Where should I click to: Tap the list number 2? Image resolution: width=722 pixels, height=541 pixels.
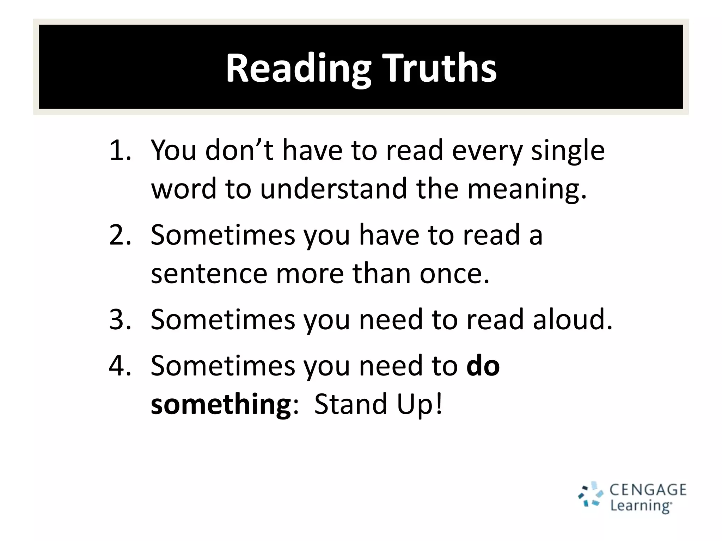pos(120,235)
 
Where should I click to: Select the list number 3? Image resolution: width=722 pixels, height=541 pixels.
pos(120,319)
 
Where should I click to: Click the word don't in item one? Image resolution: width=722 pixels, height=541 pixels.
pos(239,150)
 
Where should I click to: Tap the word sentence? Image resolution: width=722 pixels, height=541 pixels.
pos(209,274)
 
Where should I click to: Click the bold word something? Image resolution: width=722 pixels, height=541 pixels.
pos(221,404)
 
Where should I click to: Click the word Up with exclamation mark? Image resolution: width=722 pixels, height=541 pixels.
pos(420,404)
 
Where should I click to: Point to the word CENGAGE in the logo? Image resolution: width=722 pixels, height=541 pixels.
pos(648,490)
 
